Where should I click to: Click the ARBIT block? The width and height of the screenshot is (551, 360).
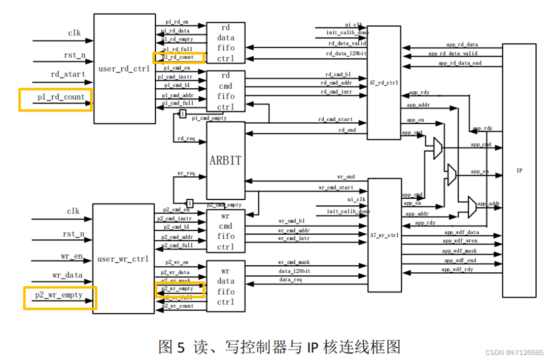click(x=226, y=160)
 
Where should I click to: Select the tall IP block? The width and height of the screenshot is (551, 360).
click(x=519, y=170)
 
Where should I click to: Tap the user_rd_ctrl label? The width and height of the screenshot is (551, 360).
click(x=124, y=68)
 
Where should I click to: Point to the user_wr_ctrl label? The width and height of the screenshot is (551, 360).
click(x=123, y=259)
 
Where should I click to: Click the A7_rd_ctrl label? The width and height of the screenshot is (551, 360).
click(x=384, y=82)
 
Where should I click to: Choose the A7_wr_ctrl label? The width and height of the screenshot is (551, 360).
click(x=384, y=235)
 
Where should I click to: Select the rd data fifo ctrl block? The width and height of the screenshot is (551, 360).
click(x=226, y=43)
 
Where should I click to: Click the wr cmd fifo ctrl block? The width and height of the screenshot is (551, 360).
click(x=226, y=231)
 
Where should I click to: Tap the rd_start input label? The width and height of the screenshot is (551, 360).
click(x=68, y=75)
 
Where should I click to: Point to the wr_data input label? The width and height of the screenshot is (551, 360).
click(x=68, y=275)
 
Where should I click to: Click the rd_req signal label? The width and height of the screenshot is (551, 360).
click(x=186, y=138)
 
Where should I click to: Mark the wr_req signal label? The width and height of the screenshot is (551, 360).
click(x=186, y=173)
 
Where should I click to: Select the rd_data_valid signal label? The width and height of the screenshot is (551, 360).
click(x=347, y=43)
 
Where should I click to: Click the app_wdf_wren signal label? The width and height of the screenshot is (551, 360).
click(x=460, y=241)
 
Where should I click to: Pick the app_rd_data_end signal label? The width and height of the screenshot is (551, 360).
click(x=460, y=63)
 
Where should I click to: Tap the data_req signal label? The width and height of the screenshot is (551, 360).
click(x=291, y=279)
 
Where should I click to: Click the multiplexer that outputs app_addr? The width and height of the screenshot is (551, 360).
click(x=471, y=204)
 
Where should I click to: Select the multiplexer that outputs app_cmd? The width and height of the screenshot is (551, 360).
click(x=437, y=149)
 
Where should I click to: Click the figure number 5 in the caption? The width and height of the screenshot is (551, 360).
click(x=182, y=347)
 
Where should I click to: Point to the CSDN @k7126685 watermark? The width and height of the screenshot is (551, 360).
click(x=513, y=352)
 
